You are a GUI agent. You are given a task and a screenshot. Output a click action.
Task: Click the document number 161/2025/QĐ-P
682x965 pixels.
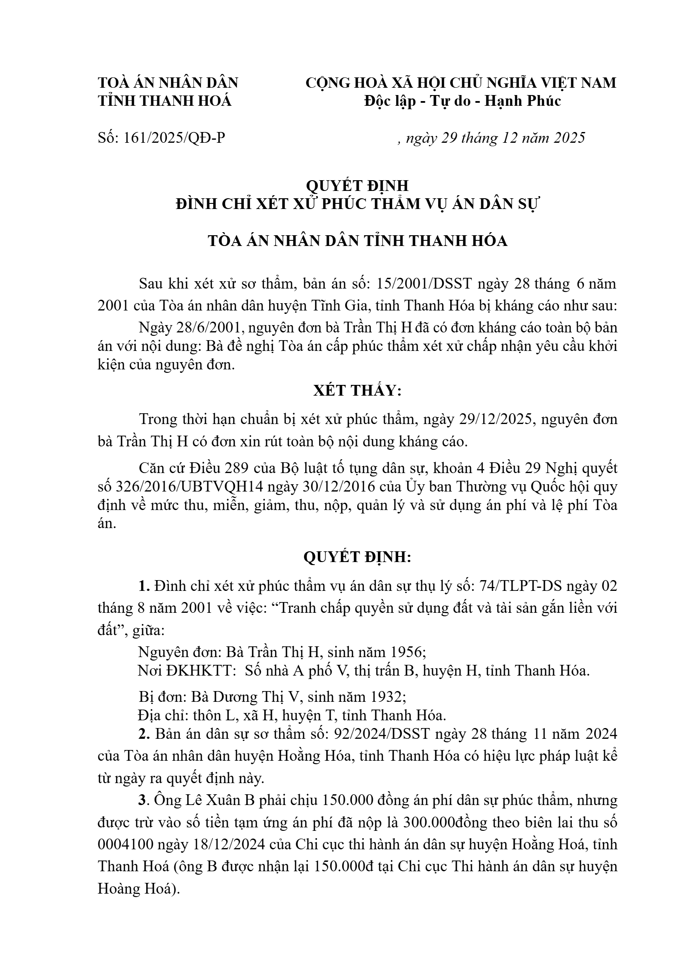point(174,138)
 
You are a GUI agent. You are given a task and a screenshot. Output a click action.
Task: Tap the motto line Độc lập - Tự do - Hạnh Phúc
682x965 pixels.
point(462,101)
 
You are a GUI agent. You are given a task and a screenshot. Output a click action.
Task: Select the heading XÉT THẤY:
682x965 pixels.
point(357,390)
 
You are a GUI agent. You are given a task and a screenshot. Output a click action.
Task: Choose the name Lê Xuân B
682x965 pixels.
point(220,800)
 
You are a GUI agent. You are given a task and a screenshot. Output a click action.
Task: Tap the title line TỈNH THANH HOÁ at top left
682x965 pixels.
point(165,101)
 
